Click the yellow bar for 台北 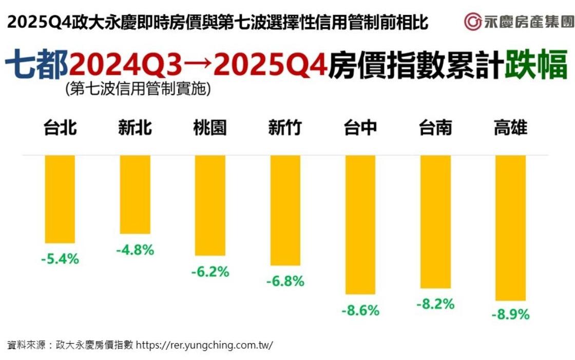tap(60, 199)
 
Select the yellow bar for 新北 tap(135, 194)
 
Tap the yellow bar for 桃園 tap(210, 205)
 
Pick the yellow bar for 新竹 tap(285, 210)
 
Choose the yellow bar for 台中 tap(360, 224)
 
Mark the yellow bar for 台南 tap(435, 221)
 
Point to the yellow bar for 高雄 tap(510, 228)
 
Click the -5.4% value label tap(60, 259)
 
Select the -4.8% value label tap(135, 250)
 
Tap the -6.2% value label tap(210, 272)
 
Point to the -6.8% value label tap(285, 281)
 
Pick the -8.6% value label tap(360, 310)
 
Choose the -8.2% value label tap(435, 304)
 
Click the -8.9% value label tap(510, 314)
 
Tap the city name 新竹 tap(285, 127)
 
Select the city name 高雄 tap(510, 127)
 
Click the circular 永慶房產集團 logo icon tap(472, 22)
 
